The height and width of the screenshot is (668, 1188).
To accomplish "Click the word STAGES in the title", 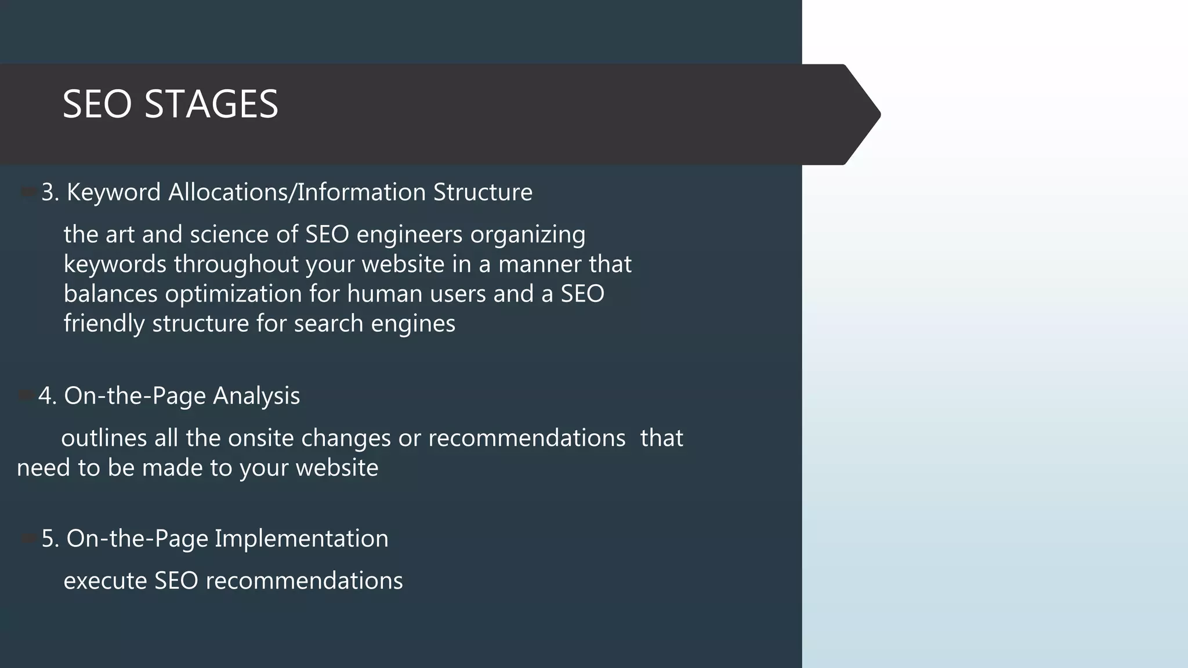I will click(211, 105).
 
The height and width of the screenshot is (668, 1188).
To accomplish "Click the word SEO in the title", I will click(97, 105).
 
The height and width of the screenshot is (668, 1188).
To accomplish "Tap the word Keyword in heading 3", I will click(114, 193).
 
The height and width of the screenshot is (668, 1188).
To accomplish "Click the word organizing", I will click(528, 235).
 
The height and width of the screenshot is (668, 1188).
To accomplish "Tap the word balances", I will click(110, 294).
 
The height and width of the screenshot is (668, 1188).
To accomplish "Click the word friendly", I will click(104, 324).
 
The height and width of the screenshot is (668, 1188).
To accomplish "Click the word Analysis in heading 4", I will click(256, 396).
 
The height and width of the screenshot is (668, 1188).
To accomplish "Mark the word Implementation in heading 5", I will click(302, 539).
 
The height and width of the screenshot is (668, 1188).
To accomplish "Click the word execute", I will click(105, 581).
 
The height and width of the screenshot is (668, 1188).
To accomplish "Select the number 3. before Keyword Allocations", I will click(50, 193).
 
